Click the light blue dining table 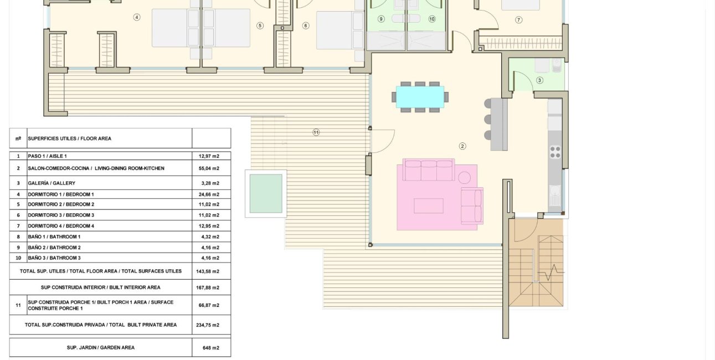click(x=420, y=97)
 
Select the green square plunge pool click(x=266, y=193)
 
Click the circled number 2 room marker click(x=462, y=146)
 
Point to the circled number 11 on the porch click(x=316, y=132)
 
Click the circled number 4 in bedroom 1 click(x=137, y=17)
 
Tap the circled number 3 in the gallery click(x=539, y=80)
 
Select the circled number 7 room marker click(x=518, y=20)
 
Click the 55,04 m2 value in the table click(x=211, y=168)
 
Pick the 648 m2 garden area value click(x=211, y=348)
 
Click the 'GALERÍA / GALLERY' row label click(x=52, y=183)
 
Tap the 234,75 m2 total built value click(x=211, y=325)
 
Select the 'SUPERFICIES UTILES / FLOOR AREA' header click(x=70, y=138)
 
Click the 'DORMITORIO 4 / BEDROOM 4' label click(x=61, y=226)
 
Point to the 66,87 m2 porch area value click(x=211, y=305)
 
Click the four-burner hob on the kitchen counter click(x=554, y=151)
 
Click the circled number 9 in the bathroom click(x=381, y=19)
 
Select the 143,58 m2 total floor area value click(x=211, y=271)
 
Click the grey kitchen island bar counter click(x=499, y=124)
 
